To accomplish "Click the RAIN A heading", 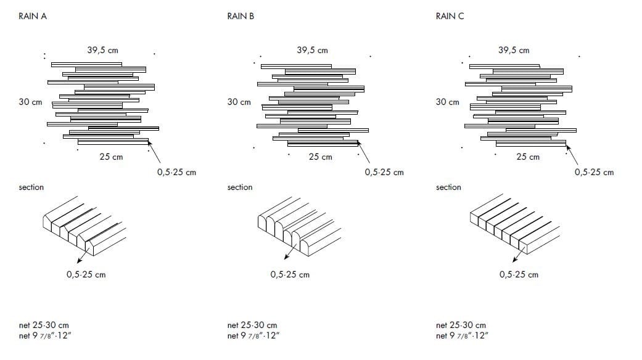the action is (33, 16).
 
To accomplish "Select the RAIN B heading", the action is (241, 16).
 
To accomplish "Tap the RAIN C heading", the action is (450, 16).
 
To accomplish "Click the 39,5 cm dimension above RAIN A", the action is (103, 50).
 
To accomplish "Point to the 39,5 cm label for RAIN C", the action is (514, 50).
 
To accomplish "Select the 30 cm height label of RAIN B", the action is (239, 102).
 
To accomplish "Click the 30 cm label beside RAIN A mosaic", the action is (30, 102).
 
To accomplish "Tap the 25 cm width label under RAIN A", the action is (112, 157).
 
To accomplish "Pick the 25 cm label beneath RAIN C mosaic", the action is (528, 157).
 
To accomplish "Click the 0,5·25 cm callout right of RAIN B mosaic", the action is (384, 172).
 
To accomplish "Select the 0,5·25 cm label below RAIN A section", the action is (86, 274).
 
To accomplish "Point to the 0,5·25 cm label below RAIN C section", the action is (519, 274).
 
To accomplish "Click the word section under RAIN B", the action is (240, 187).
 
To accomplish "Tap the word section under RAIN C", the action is (448, 187).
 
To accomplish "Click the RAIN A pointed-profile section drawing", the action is (84, 226).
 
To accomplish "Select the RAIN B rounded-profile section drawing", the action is (299, 226).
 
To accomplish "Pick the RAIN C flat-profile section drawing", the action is (515, 226).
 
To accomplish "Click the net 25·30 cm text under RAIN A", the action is (44, 325).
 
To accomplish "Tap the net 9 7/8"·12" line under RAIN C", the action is (463, 336).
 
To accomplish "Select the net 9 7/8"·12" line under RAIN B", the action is (253, 336).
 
